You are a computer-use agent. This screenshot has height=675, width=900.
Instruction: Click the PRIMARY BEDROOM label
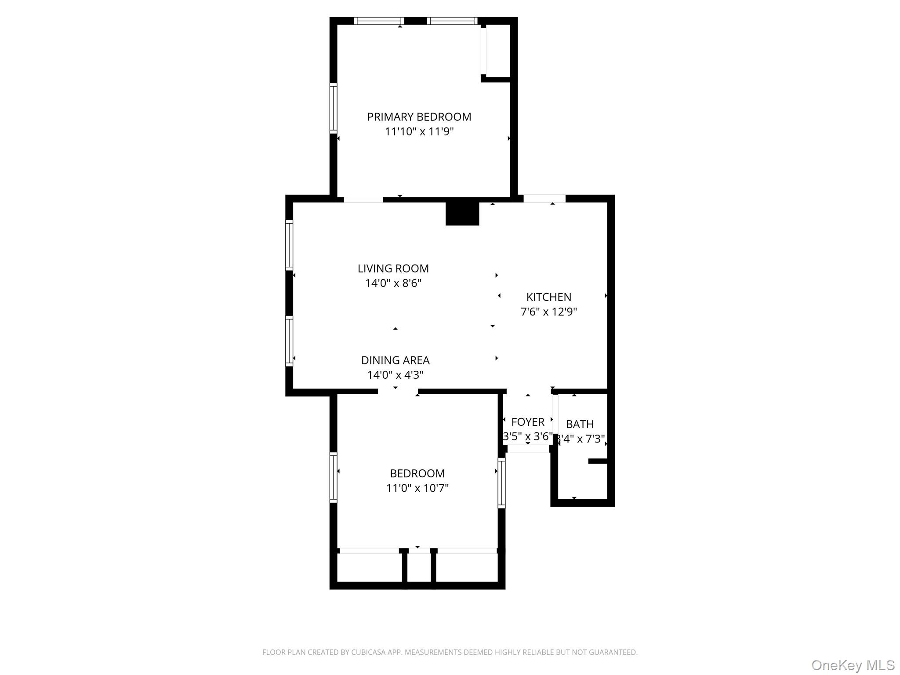tap(419, 117)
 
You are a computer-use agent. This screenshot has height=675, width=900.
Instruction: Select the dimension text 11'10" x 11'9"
tap(419, 131)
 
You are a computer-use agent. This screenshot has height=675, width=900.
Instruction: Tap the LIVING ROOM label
tap(393, 269)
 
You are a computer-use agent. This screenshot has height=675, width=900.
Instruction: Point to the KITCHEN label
tap(548, 297)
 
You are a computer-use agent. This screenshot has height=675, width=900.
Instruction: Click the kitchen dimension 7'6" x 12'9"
tap(548, 312)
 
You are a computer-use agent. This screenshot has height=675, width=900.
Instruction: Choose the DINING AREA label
tap(395, 360)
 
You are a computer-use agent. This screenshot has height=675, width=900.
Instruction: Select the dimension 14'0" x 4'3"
tap(395, 375)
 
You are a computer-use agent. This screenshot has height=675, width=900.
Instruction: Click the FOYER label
tap(528, 422)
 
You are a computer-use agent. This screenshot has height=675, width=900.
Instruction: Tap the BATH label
tap(580, 424)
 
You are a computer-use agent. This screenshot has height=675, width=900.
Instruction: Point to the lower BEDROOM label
tap(417, 473)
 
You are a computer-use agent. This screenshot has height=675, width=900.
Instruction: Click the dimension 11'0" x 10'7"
tap(417, 488)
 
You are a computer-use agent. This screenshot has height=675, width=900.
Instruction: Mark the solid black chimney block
tap(462, 214)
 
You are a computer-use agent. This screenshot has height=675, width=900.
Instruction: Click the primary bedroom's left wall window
tap(334, 108)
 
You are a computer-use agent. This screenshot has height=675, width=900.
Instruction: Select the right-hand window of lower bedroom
tap(501, 483)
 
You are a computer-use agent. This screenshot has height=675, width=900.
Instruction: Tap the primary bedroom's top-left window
tap(379, 21)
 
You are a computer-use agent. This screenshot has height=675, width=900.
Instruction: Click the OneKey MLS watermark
tap(853, 665)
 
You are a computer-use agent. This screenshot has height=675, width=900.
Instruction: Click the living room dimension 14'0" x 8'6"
tap(393, 283)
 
